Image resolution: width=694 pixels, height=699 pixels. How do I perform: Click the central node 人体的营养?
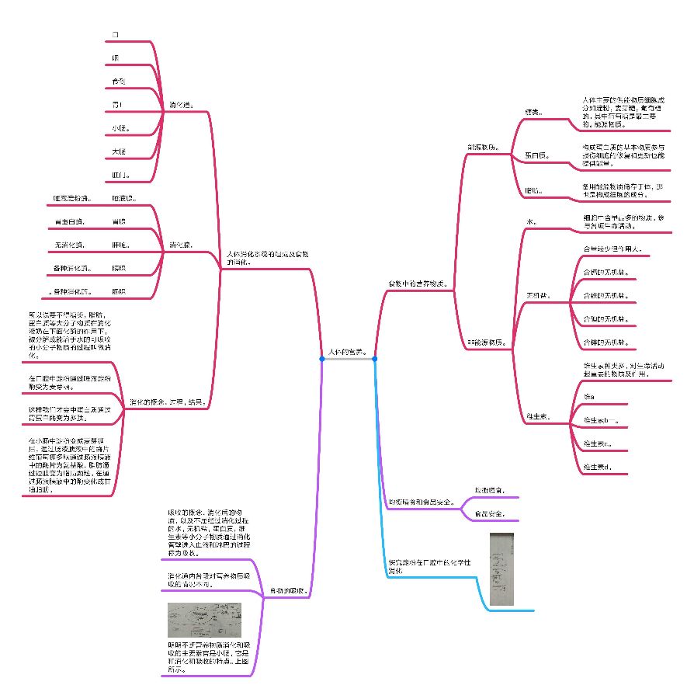pyautogui.click(x=348, y=352)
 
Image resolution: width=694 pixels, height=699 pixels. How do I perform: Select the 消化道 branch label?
pyautogui.click(x=182, y=104)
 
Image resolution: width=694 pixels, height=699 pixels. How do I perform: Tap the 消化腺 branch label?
pyautogui.click(x=182, y=245)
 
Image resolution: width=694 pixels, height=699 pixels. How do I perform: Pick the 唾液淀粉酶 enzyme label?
pyautogui.click(x=73, y=198)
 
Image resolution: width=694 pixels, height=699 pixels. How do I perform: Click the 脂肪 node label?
pyautogui.click(x=534, y=190)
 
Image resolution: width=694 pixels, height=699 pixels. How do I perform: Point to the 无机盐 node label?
pyautogui.click(x=538, y=296)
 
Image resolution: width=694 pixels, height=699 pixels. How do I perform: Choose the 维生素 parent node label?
pyautogui.click(x=538, y=416)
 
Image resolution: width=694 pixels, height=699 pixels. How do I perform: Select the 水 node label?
pyautogui.click(x=532, y=222)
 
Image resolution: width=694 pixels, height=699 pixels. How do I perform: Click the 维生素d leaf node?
pyautogui.click(x=597, y=467)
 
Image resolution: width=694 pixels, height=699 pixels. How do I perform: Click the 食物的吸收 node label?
pyautogui.click(x=288, y=591)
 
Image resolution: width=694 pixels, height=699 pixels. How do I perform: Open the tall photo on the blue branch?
pyautogui.click(x=502, y=569)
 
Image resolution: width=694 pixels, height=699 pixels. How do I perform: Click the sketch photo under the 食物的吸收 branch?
pyautogui.click(x=204, y=620)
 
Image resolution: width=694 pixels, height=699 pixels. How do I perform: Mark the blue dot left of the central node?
pyautogui.click(x=322, y=359)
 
